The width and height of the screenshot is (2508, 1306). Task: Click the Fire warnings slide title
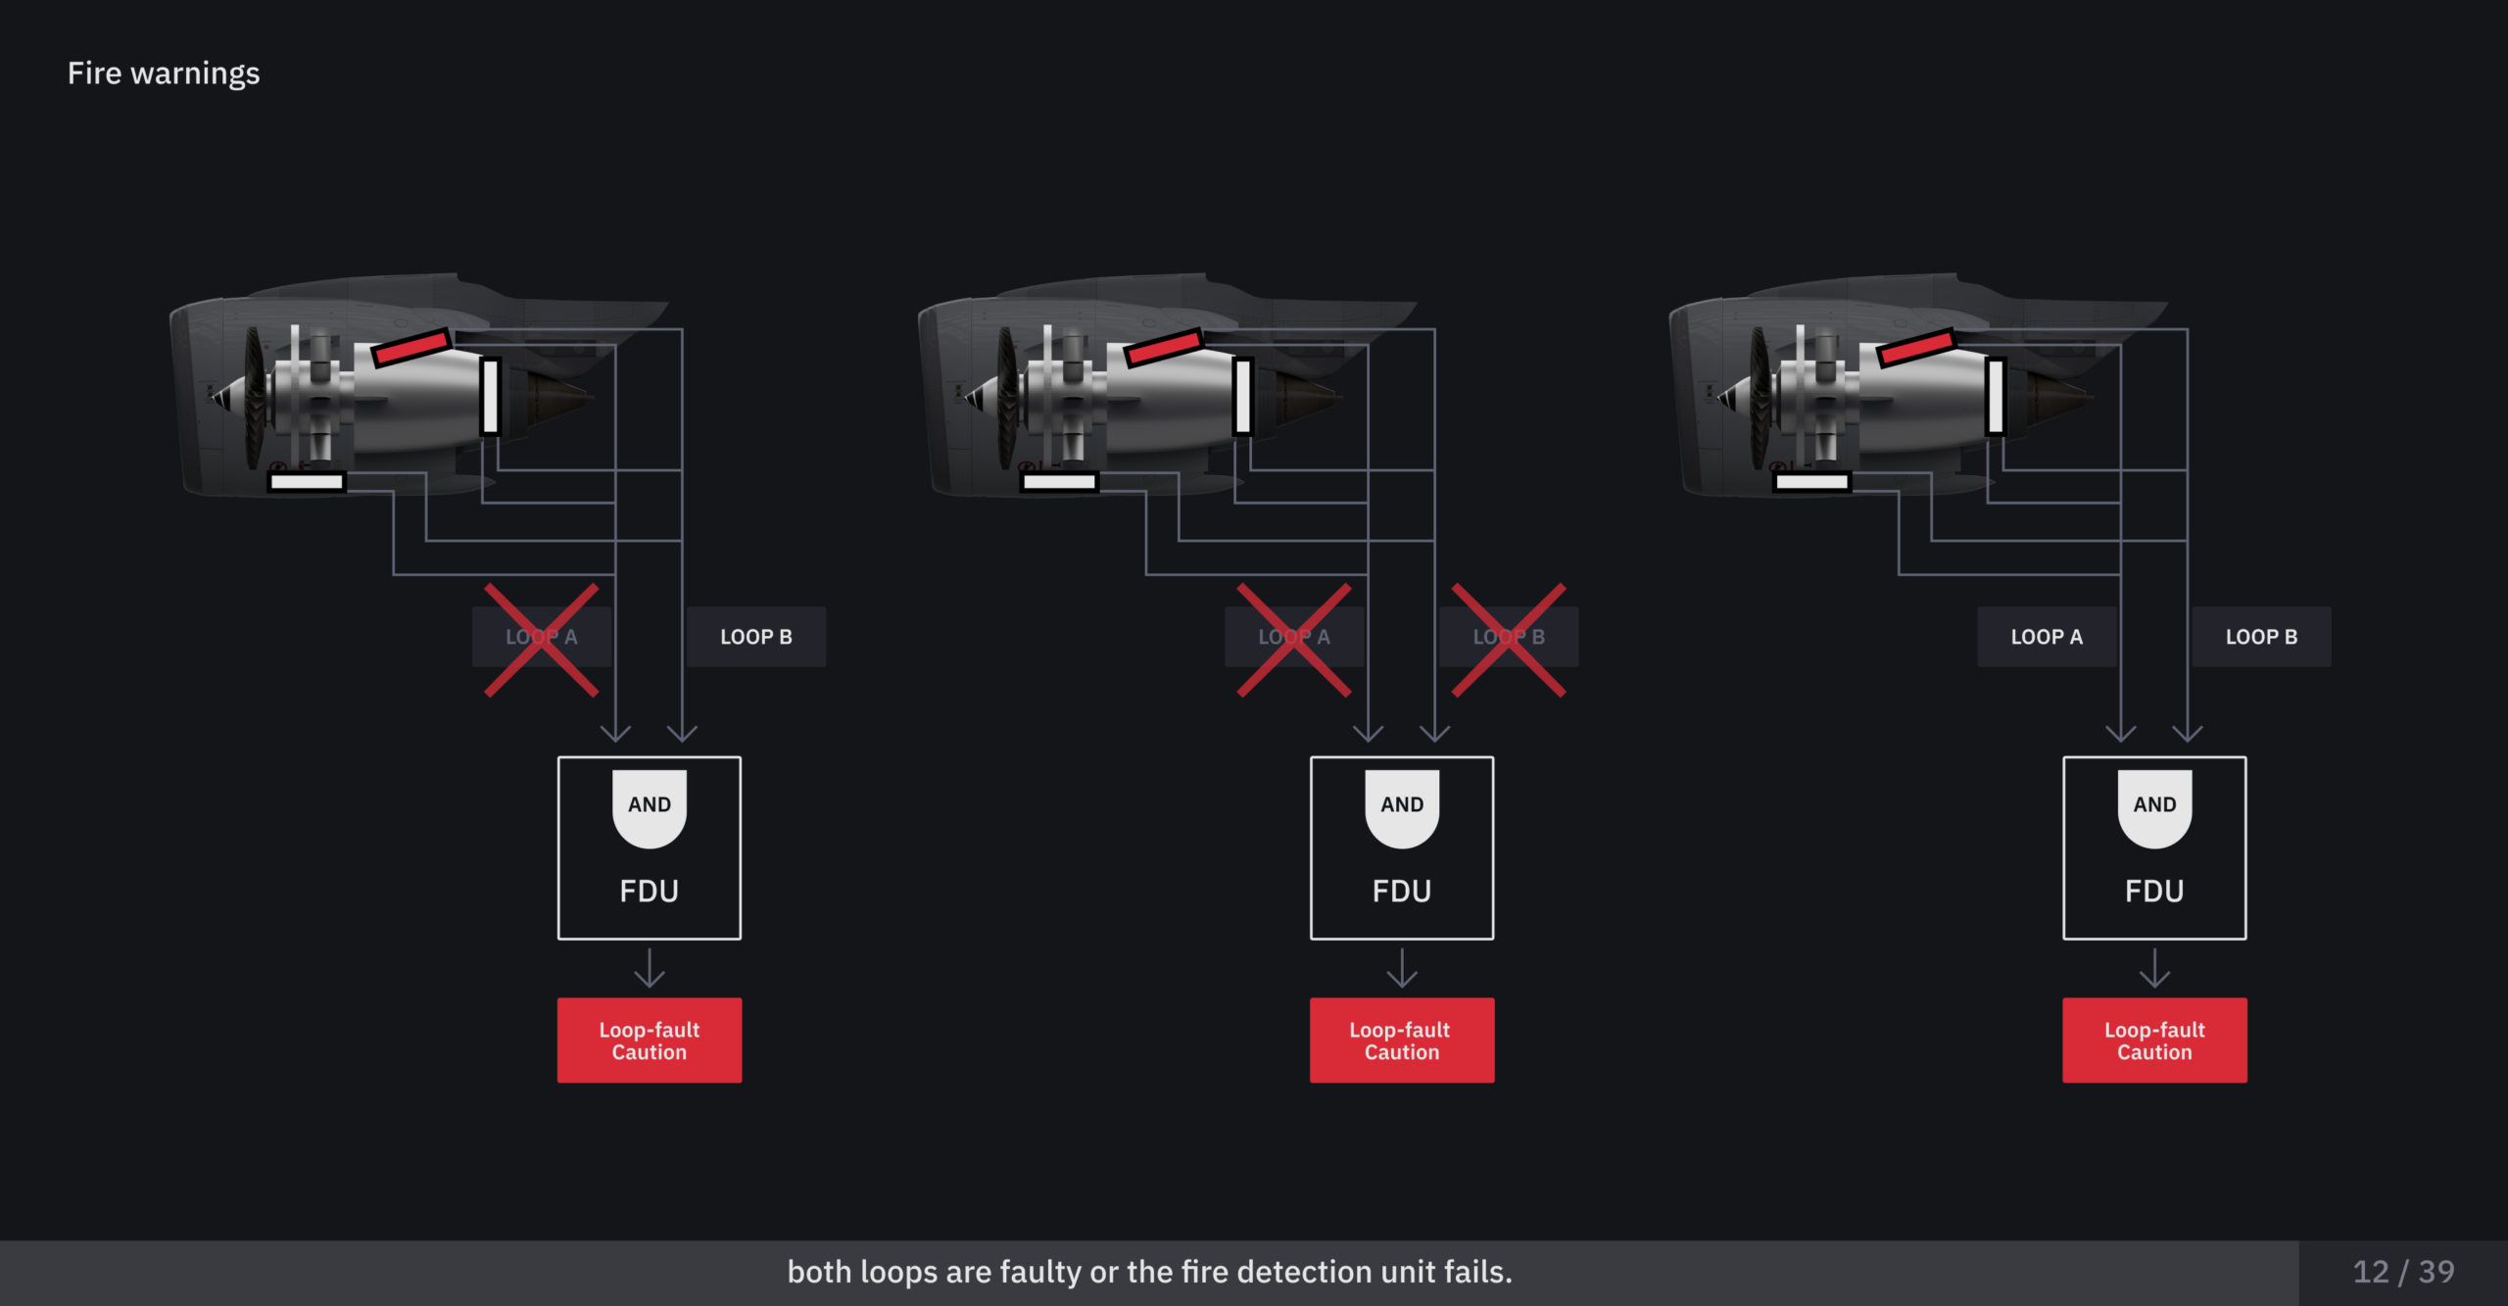(x=164, y=73)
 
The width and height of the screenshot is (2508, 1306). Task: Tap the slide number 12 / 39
(x=2403, y=1272)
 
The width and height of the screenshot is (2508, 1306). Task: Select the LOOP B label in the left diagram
(x=756, y=637)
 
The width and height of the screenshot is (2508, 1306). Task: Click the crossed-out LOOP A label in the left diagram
(x=542, y=637)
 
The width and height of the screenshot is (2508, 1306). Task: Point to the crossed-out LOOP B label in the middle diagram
(x=1509, y=637)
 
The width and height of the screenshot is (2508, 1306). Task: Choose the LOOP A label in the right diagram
(x=2047, y=637)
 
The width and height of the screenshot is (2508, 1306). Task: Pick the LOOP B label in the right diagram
(x=2261, y=637)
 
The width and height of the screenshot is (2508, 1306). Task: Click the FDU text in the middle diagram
(x=1402, y=891)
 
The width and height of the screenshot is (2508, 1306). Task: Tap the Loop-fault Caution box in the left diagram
(x=650, y=1040)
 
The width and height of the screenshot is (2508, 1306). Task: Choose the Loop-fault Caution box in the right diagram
(x=2154, y=1040)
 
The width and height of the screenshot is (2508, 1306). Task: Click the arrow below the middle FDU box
(x=1402, y=968)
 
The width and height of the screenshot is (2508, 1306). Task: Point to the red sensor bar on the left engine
(x=411, y=347)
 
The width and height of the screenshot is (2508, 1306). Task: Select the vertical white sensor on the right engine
(x=1996, y=396)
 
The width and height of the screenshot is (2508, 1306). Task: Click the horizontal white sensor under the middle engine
(x=1059, y=481)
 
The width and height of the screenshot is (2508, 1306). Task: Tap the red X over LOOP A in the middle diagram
(x=1294, y=641)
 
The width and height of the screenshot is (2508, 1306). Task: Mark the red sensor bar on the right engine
(x=1916, y=347)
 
